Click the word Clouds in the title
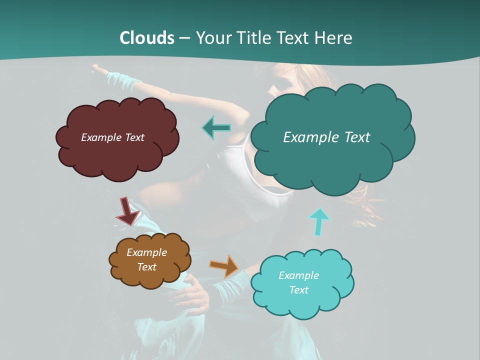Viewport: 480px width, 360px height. (146, 37)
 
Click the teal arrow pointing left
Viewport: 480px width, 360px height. (216, 128)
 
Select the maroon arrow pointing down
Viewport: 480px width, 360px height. (128, 211)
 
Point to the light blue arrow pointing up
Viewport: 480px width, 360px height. (318, 221)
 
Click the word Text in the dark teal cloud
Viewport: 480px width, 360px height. (353, 137)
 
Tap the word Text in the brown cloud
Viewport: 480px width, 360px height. (147, 267)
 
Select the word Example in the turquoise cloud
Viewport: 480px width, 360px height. (298, 275)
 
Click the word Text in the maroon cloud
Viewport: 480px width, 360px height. (133, 137)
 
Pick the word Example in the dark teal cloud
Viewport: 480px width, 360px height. (308, 137)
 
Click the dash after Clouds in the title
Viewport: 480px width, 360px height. (184, 38)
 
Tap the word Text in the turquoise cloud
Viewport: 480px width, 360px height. (298, 290)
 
